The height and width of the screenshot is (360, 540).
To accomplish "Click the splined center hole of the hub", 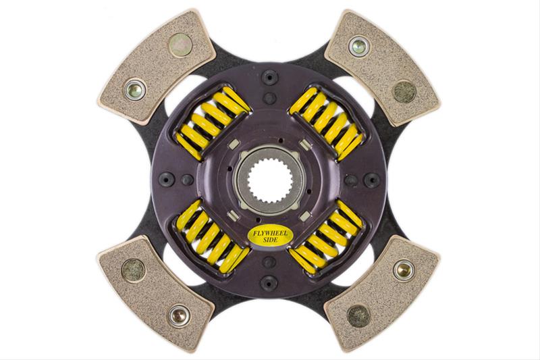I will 269,180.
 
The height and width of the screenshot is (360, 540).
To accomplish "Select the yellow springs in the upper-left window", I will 212,122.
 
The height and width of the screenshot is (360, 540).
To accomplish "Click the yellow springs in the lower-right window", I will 327,238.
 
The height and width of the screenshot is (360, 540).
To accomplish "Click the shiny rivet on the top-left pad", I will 135,88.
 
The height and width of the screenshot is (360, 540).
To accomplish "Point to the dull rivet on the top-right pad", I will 404,89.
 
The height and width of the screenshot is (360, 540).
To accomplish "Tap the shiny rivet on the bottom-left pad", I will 180,314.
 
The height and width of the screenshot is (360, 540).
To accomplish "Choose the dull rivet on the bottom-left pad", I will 134,270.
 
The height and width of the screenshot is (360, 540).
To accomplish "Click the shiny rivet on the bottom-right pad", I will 404,270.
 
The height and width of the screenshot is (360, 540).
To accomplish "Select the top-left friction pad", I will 155,68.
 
